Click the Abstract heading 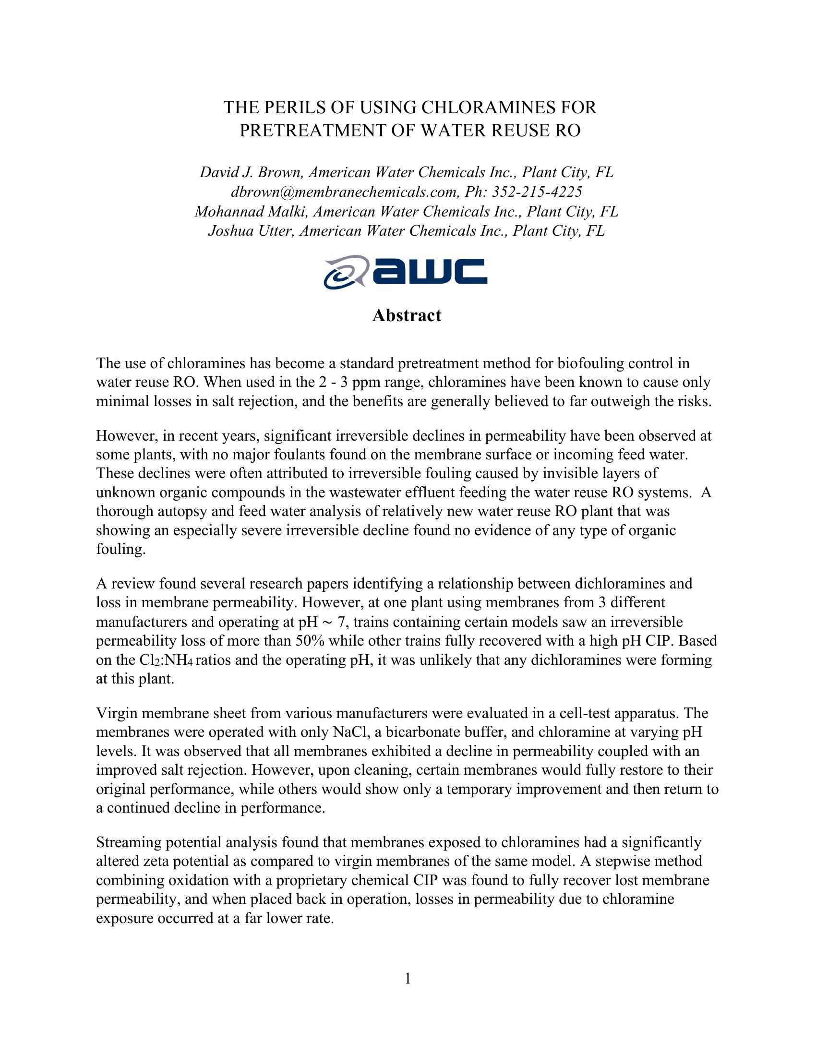(407, 315)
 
